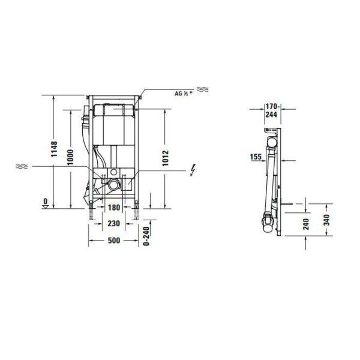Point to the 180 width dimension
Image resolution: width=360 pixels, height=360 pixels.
pyautogui.click(x=113, y=208)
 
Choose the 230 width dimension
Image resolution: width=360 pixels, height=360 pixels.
pyautogui.click(x=113, y=223)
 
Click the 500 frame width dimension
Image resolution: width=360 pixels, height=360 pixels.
pyautogui.click(x=113, y=241)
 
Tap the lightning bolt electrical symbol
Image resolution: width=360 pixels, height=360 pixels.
pyautogui.click(x=192, y=171)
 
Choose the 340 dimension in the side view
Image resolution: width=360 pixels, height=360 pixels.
pyautogui.click(x=325, y=220)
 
